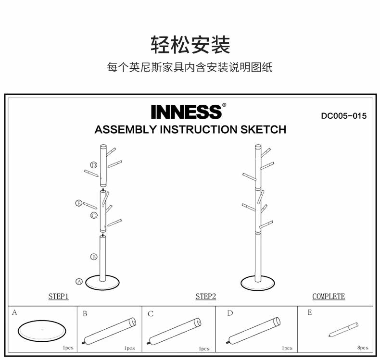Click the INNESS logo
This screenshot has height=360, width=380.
187,112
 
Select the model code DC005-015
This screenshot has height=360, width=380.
343,116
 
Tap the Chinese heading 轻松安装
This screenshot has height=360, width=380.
190,45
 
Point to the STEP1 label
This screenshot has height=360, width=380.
58,297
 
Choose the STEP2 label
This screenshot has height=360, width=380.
205,297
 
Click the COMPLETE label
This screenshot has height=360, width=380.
329,297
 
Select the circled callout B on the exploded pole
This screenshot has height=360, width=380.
94,257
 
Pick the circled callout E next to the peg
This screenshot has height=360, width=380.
79,203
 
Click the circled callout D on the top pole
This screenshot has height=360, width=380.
94,165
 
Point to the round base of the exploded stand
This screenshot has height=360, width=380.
103,283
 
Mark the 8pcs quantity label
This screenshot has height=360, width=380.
363,348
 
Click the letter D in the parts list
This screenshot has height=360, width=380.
230,313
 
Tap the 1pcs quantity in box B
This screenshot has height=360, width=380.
129,348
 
